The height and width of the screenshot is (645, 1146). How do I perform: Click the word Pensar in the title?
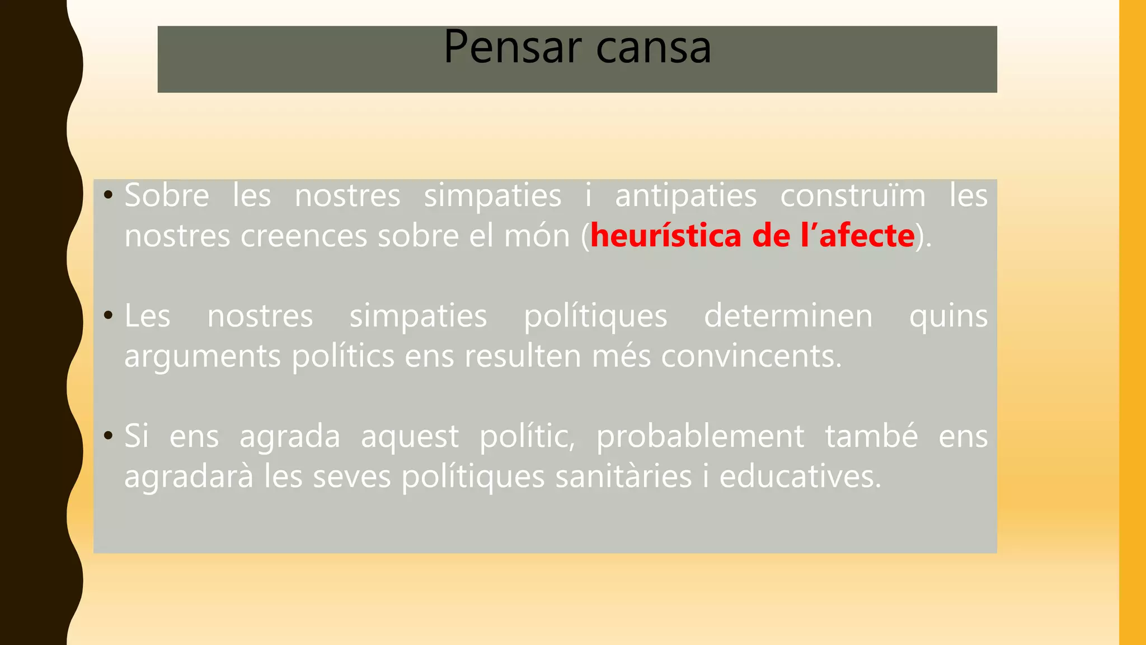click(513, 47)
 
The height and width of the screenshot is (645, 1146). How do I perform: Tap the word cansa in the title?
click(654, 48)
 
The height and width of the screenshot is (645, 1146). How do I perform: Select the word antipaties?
click(686, 196)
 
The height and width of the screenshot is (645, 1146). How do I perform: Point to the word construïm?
click(853, 196)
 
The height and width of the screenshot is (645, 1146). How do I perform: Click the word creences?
click(304, 236)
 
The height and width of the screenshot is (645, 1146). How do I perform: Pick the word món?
click(537, 236)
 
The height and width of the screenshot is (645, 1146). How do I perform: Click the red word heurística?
click(666, 236)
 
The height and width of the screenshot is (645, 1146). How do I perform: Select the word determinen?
click(788, 316)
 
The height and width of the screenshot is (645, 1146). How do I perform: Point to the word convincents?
click(751, 357)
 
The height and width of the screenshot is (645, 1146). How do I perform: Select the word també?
click(871, 436)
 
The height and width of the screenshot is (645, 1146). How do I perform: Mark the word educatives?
click(800, 477)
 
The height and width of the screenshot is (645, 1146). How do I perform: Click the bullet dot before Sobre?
click(108, 196)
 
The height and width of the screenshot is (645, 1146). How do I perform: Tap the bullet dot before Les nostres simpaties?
click(108, 316)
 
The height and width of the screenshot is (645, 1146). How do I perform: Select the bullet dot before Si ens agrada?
click(108, 437)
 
